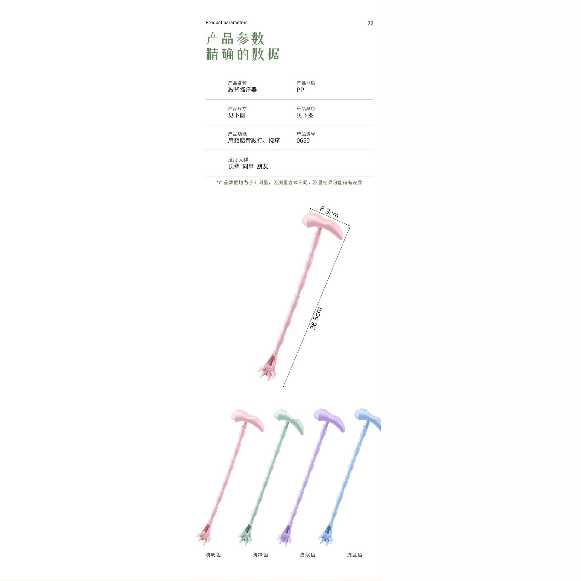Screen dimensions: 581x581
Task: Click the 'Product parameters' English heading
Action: pos(226,22)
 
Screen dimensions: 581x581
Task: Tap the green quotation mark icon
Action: pos(371,23)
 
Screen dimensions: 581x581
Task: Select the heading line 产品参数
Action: pos(235,38)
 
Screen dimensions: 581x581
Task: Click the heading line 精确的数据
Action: pos(243,54)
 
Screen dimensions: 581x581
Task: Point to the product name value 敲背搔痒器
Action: pos(242,90)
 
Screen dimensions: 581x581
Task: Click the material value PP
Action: pos(300,90)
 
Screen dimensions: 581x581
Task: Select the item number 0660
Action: pos(303,140)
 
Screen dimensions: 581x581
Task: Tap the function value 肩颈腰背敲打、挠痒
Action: pos(254,140)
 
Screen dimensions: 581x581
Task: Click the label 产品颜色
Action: pos(306,108)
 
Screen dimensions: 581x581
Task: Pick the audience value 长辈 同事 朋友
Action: pos(248,166)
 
